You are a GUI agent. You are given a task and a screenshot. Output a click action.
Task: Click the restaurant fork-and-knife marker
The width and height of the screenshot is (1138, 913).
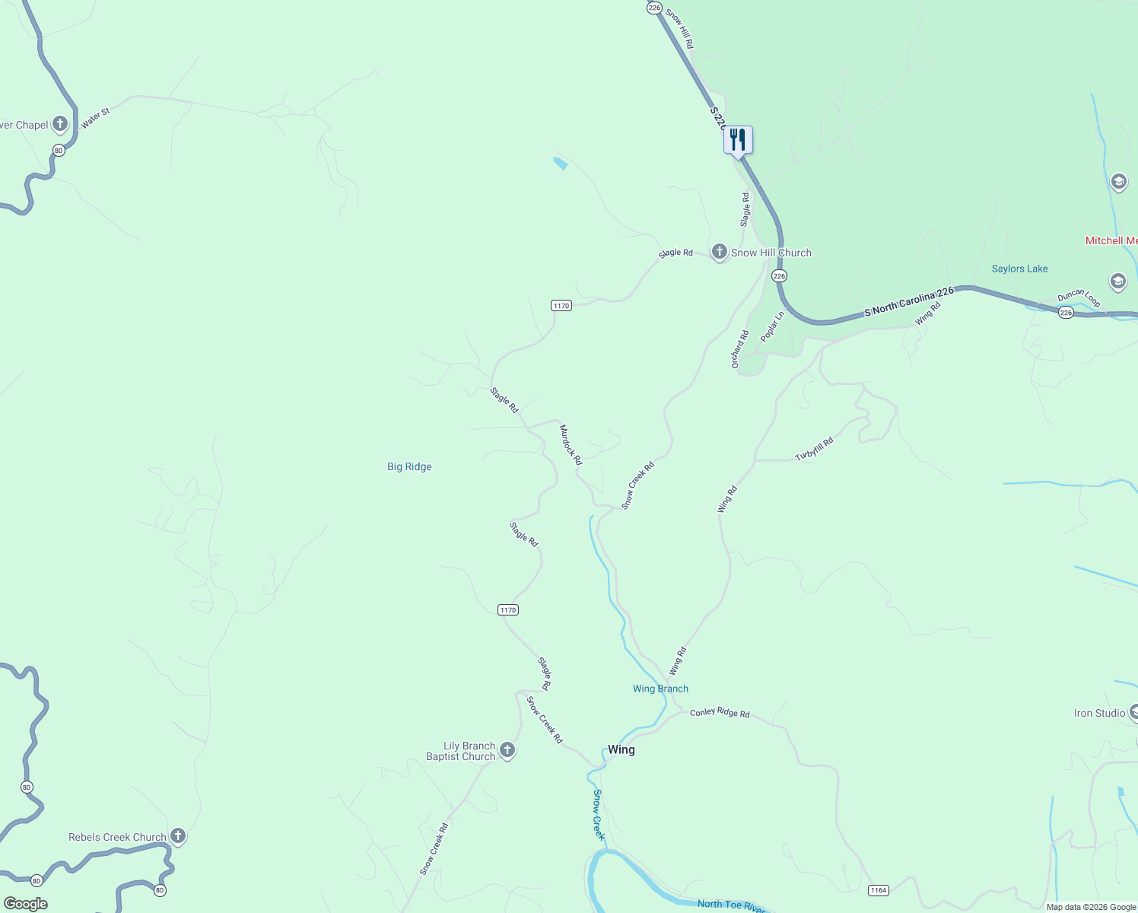pos(738,140)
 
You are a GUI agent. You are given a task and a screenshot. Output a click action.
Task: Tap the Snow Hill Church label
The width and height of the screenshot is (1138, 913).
pos(771,253)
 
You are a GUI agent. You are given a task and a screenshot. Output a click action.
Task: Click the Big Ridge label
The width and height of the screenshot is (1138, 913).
pos(409,466)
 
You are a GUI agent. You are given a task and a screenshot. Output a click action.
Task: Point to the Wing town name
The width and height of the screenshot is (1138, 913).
pos(621,749)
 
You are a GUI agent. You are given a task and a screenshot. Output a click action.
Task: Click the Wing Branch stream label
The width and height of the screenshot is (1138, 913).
pos(660,689)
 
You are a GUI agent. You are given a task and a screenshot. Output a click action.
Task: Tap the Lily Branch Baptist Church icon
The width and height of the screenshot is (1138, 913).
pos(507,750)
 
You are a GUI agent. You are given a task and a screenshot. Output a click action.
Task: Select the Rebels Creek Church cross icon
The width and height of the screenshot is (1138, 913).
pos(177,835)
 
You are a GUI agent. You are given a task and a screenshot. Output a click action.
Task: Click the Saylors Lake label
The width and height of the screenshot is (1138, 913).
pos(1019,269)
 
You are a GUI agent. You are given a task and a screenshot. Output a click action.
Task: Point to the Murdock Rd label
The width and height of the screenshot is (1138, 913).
pos(571,445)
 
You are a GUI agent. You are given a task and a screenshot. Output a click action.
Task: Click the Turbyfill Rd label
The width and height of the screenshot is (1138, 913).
pos(814,449)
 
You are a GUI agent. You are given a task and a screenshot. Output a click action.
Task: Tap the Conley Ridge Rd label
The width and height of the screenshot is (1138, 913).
pos(720,713)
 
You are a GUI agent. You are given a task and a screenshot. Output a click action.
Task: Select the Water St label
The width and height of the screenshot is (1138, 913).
pos(96,119)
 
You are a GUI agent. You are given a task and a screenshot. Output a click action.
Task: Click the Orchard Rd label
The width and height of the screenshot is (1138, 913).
pos(739,349)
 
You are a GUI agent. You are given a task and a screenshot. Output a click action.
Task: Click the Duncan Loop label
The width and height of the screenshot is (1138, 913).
pos(1079,297)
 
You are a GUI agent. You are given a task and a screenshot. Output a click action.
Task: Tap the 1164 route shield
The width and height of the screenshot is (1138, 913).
pos(878,890)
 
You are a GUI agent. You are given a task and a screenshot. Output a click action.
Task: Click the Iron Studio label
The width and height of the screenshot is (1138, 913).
pos(1099,713)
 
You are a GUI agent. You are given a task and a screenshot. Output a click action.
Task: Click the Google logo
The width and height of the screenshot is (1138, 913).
pos(25,904)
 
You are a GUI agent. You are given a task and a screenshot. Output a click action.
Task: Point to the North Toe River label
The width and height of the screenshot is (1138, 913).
pos(731,905)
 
